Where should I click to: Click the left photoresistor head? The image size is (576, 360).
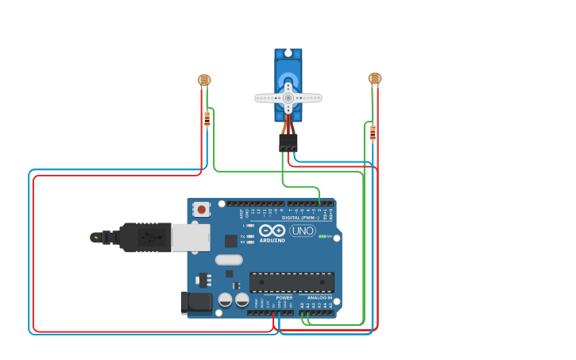[x=204, y=79]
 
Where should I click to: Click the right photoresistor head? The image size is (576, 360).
[x=375, y=78]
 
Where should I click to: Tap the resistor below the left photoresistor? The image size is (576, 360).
[x=207, y=118]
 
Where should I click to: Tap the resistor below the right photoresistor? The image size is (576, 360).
[x=373, y=133]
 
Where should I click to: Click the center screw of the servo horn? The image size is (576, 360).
[x=288, y=98]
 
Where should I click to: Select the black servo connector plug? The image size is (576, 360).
[x=288, y=142]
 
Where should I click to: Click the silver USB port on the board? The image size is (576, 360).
[x=191, y=237]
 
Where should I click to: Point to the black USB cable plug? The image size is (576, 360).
[x=144, y=237]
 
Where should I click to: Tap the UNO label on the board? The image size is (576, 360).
[x=302, y=230]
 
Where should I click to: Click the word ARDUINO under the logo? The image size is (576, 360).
[x=272, y=240]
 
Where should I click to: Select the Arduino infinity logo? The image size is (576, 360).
[x=272, y=230]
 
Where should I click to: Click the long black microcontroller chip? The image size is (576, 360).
[x=292, y=282]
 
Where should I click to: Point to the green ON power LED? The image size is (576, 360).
[x=322, y=236]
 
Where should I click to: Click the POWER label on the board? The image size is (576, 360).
[x=284, y=297]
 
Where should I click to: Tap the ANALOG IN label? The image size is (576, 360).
[x=320, y=297]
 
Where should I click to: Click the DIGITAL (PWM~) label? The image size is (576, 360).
[x=300, y=217]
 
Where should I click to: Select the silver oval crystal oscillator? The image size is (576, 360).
[x=228, y=260]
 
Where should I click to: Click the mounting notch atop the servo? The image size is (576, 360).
[x=288, y=52]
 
